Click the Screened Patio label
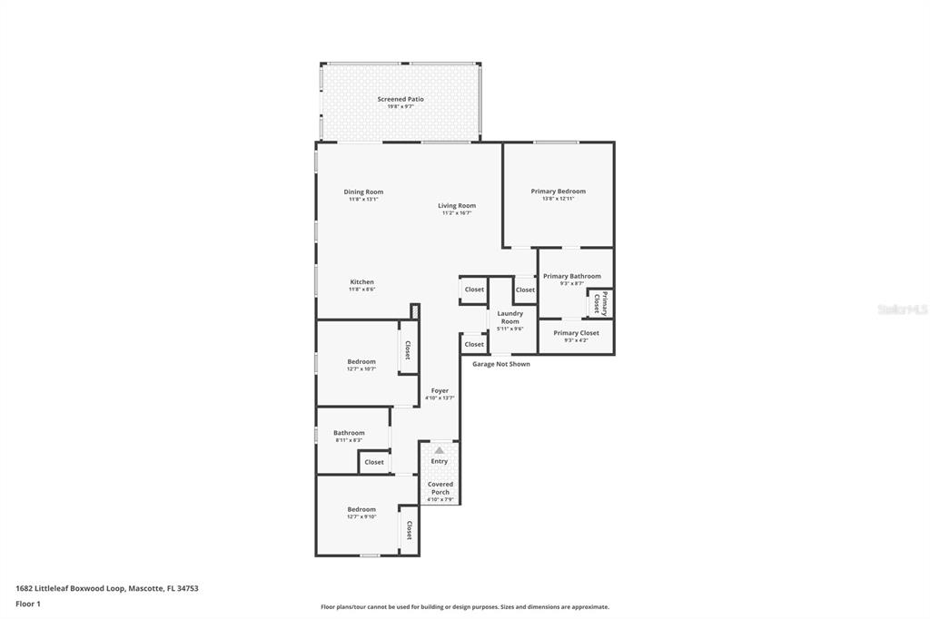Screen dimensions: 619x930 coord(401,99)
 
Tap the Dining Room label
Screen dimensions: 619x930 coord(363,192)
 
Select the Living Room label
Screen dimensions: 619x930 coord(457,206)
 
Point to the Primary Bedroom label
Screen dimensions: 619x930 coord(558,192)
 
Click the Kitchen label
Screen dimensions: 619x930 coord(361,282)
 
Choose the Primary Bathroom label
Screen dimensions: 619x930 coord(572,276)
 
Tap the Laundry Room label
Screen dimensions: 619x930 coord(510,317)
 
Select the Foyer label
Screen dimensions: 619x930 coord(440,391)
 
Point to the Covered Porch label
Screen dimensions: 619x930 coord(440,488)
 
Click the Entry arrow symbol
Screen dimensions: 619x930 coord(440,450)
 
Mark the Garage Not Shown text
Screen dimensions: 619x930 coord(500,364)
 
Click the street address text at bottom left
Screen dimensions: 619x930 coord(106,588)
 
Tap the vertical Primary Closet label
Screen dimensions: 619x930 coord(599,303)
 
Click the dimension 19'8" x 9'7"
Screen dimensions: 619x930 coord(401,107)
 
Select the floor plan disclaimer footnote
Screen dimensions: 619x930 coord(464,607)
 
